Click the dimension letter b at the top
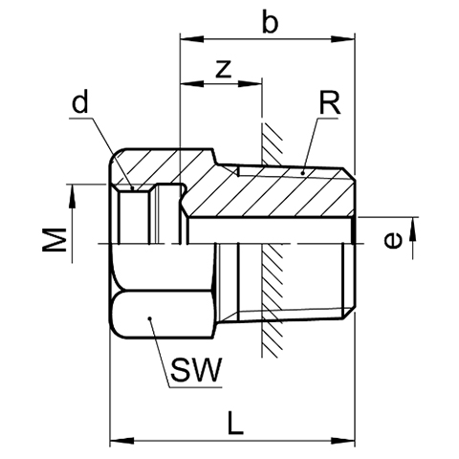coord(270,22)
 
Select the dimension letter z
coord(224,69)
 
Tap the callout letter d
coord(79,101)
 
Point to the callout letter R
coord(330,103)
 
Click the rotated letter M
coord(55,240)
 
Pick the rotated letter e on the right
coord(393,240)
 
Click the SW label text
coord(196,370)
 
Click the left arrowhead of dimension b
coord(192,39)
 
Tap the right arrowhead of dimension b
coord(343,39)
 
